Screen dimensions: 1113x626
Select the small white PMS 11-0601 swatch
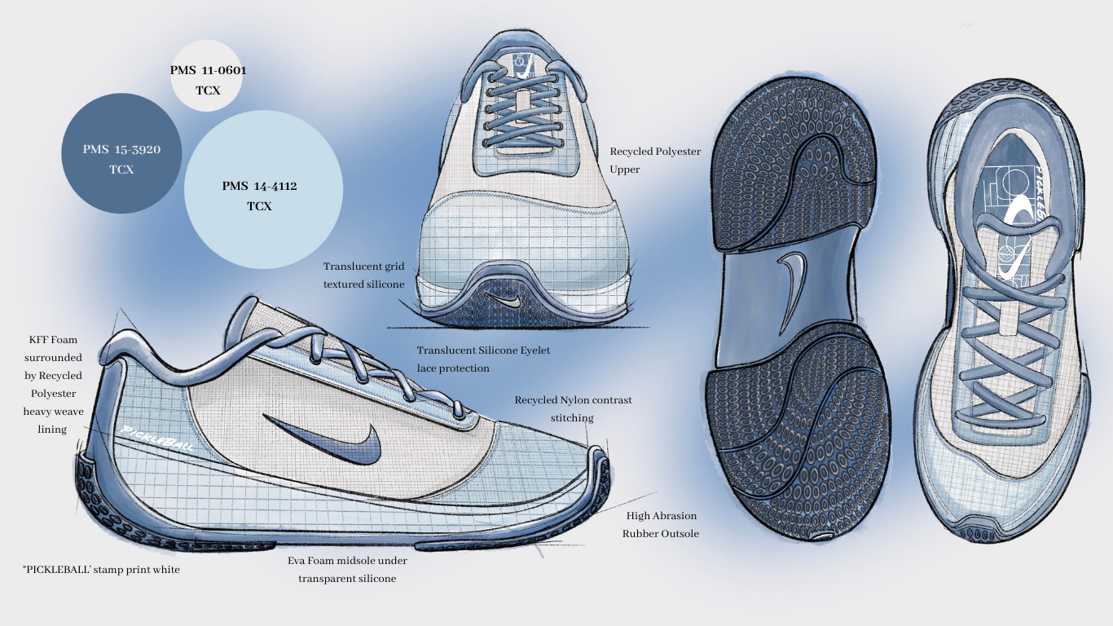(208, 80)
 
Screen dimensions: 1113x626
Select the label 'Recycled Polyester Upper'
(655, 161)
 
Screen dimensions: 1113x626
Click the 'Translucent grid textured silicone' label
(363, 276)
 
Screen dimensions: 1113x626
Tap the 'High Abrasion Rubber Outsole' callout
(660, 525)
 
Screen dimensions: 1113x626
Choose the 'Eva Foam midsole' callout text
(347, 570)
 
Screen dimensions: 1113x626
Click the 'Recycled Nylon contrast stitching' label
(573, 409)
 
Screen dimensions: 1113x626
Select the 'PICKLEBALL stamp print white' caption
(101, 570)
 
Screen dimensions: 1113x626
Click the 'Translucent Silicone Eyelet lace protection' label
(483, 359)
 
